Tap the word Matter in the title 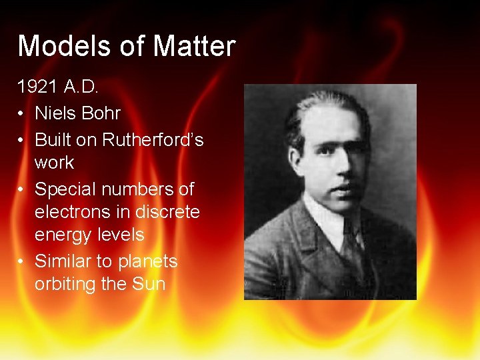point(194,46)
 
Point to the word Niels point(56,113)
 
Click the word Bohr point(101,113)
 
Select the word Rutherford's point(152,140)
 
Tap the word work point(54,162)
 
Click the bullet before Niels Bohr point(22,114)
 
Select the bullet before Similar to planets point(22,261)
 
